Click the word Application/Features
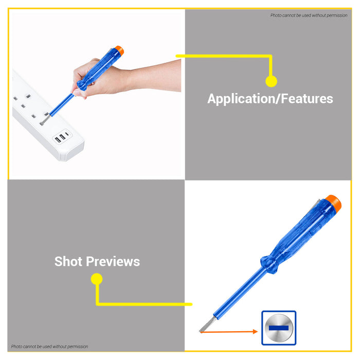pos(270,99)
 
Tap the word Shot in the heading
pos(68,261)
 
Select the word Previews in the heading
pos(113,261)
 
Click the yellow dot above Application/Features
pos(271,81)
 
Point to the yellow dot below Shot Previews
pos(97,279)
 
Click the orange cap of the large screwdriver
pos(334,204)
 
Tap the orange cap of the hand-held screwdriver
pos(120,50)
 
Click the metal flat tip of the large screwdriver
pos(208,325)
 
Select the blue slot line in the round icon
pos(279,328)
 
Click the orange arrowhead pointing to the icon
pos(255,332)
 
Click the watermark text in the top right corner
pos(309,15)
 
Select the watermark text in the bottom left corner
pos(49,347)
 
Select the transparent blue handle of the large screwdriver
pos(301,232)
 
